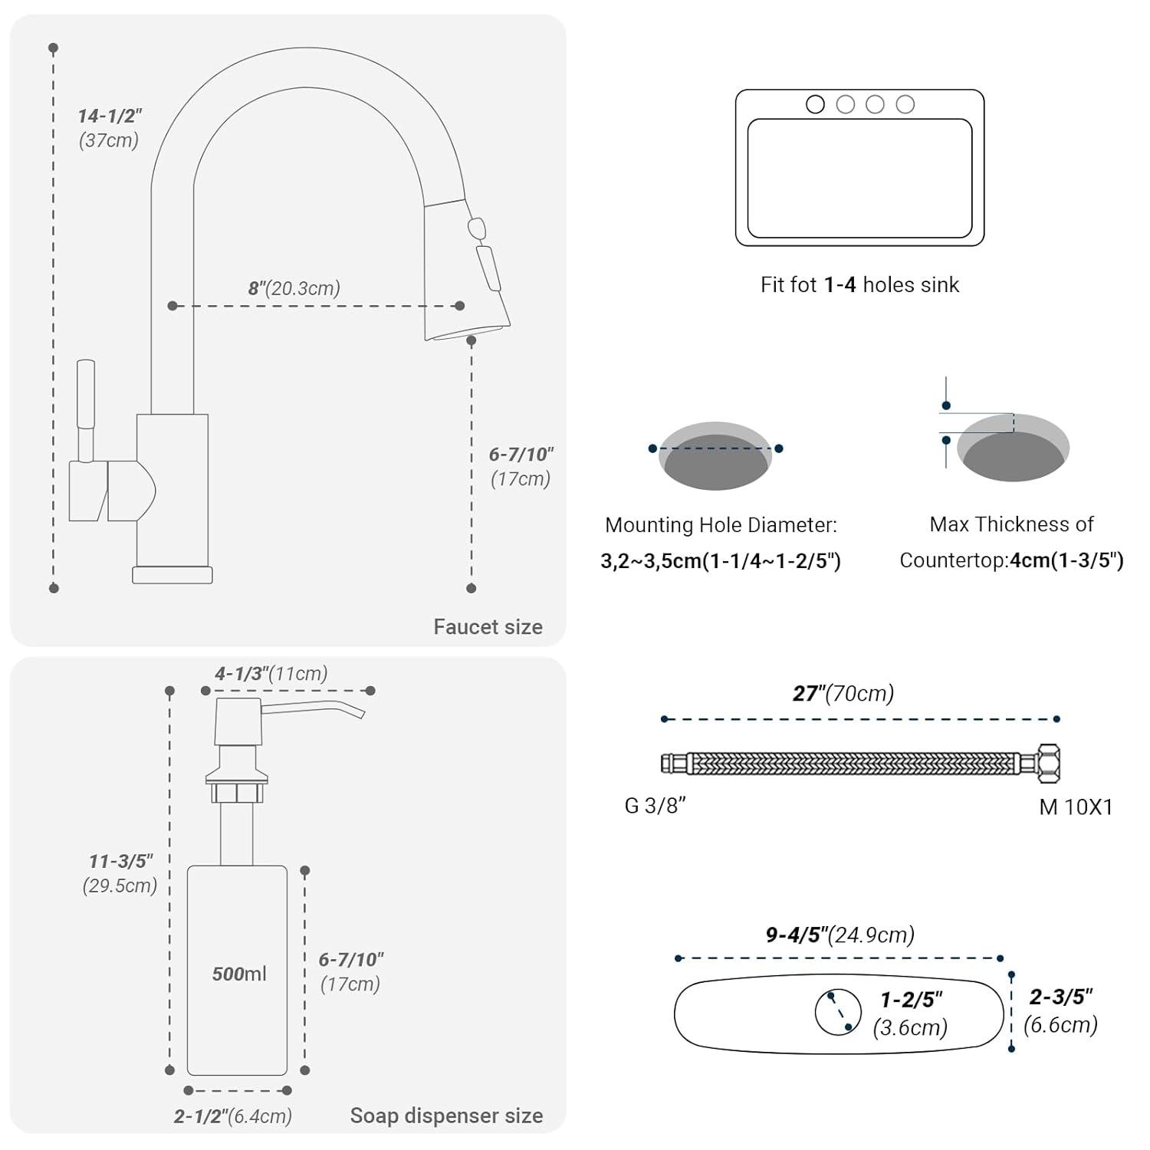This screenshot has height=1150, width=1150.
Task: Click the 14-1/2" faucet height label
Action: click(110, 117)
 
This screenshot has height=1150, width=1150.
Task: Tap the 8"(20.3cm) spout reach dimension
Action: click(294, 288)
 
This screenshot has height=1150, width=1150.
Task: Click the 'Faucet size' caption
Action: click(488, 627)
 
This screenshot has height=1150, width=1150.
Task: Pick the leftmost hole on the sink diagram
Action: click(815, 104)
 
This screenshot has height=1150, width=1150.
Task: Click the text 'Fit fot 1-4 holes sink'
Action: click(859, 285)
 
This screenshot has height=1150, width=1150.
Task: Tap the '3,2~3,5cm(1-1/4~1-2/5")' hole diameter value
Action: click(721, 561)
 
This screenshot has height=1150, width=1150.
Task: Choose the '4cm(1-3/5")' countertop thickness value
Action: click(1066, 560)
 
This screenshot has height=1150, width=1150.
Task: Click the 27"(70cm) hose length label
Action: click(843, 694)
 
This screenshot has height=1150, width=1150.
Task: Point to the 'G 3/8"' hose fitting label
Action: click(655, 806)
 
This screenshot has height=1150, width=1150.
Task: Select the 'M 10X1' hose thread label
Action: click(1076, 807)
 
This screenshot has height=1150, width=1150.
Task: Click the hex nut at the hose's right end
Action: click(1047, 763)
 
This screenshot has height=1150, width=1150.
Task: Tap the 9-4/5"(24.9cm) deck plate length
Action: click(840, 935)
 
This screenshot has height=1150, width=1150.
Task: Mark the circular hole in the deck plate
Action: click(838, 1012)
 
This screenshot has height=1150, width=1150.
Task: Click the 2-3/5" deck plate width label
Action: click(1061, 997)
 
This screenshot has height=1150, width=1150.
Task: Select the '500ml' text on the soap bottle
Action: click(239, 974)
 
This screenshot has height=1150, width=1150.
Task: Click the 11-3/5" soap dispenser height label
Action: click(121, 862)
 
